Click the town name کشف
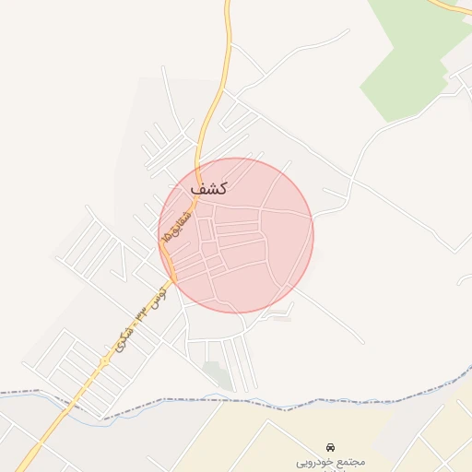pos(208,187)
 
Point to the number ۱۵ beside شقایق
pos(166,238)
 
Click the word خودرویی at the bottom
pos(312,461)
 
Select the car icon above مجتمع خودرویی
pos(331,446)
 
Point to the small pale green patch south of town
pos(217,374)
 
